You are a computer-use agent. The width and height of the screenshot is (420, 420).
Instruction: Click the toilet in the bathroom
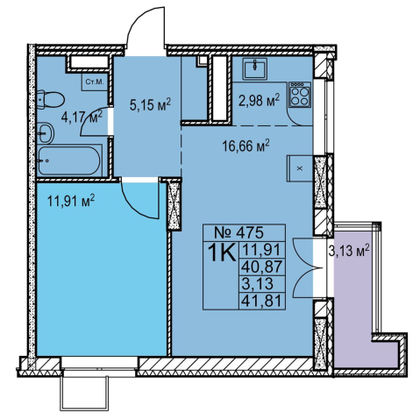click(x=50, y=100)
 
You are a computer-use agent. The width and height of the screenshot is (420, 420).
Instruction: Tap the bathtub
click(x=69, y=160)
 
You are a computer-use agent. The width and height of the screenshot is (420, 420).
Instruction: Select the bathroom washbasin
click(x=46, y=133)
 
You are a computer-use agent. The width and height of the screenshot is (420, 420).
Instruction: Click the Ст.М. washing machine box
click(x=95, y=82)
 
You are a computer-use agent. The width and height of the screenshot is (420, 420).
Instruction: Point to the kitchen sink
click(x=254, y=68)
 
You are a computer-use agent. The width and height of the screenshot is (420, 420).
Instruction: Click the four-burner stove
click(x=300, y=94)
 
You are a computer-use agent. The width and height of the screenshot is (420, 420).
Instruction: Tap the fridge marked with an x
click(x=300, y=168)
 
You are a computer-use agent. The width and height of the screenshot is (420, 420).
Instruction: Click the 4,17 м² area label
click(x=82, y=117)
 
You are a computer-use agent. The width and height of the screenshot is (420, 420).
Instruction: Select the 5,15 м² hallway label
click(x=150, y=104)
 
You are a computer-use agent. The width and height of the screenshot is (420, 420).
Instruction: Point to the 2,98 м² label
click(x=259, y=100)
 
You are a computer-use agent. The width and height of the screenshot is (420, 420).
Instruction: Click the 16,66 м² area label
click(x=246, y=146)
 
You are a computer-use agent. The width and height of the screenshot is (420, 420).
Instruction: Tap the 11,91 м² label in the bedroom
click(x=71, y=202)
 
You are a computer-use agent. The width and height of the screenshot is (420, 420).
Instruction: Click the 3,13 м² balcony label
click(x=349, y=251)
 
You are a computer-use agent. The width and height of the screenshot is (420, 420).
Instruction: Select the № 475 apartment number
click(x=238, y=232)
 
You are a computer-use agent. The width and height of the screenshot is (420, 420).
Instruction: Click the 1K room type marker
click(x=222, y=253)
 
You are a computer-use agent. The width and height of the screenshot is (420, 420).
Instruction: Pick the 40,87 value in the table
click(x=262, y=267)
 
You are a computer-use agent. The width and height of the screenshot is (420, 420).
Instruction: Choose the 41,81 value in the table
click(x=262, y=301)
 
